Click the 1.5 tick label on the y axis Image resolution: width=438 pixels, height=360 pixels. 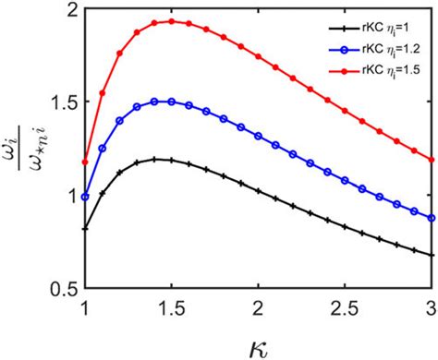[x=64, y=102]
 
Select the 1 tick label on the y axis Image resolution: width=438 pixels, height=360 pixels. [x=71, y=195]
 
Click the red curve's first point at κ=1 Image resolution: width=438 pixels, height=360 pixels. [x=86, y=162]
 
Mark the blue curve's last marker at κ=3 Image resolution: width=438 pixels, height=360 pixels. [x=430, y=218]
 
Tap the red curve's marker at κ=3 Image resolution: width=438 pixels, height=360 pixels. [x=430, y=159]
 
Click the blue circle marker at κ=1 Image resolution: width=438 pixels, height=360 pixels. [x=86, y=197]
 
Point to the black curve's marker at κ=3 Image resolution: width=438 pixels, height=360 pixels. [x=430, y=255]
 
